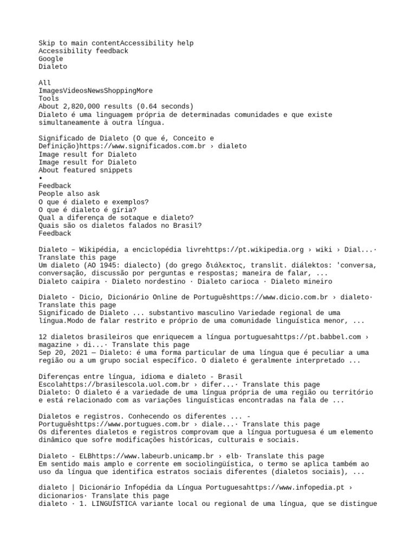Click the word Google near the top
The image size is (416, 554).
(x=50, y=59)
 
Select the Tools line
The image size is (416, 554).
(x=48, y=99)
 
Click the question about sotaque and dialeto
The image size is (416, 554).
(x=116, y=217)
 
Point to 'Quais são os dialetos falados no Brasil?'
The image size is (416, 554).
(x=120, y=226)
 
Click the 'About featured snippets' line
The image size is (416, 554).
(x=85, y=170)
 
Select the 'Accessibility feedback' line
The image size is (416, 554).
(x=83, y=51)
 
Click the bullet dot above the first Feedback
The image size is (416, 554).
(x=41, y=178)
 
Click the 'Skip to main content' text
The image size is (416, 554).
(x=79, y=43)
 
